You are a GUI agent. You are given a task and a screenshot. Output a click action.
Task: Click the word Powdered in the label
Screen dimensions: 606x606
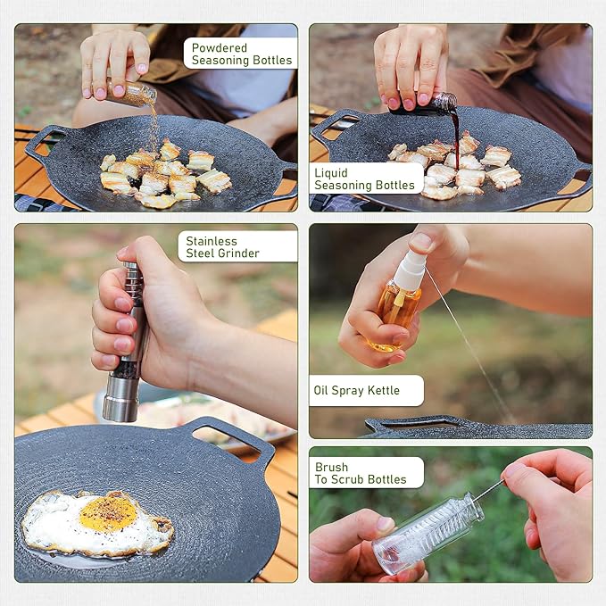pyautogui.click(x=220, y=47)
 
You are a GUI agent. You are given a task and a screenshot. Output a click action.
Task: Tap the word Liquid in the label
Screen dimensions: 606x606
pyautogui.click(x=331, y=173)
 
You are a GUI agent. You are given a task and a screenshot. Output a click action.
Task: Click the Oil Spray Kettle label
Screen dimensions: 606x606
pyautogui.click(x=356, y=390)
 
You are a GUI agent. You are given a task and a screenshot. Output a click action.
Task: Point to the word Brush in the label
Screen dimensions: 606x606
pyautogui.click(x=331, y=467)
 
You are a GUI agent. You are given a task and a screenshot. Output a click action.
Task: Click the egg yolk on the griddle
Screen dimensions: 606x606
pyautogui.click(x=108, y=514)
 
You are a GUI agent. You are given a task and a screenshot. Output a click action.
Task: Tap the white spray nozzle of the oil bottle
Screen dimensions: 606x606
pyautogui.click(x=410, y=268)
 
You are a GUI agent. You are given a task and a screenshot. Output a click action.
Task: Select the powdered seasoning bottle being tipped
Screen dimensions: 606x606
pyautogui.click(x=130, y=93)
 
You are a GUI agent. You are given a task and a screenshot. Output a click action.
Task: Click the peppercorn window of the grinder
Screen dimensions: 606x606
pyautogui.click(x=125, y=369)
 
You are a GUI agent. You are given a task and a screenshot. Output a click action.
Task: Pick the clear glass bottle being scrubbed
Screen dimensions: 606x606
pyautogui.click(x=428, y=533)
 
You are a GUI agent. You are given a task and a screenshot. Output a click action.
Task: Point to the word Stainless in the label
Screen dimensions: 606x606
pyautogui.click(x=212, y=241)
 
